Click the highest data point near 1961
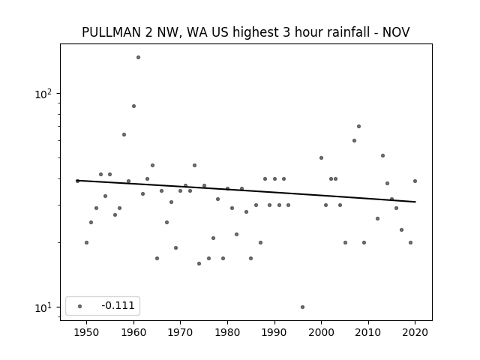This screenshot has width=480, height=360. click(138, 57)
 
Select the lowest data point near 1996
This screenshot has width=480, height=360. click(302, 307)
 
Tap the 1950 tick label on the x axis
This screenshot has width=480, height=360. click(87, 333)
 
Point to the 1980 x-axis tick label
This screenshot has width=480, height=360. click(227, 333)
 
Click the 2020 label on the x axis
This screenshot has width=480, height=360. click(415, 333)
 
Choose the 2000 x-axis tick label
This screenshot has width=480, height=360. click(322, 333)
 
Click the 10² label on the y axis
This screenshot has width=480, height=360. click(43, 94)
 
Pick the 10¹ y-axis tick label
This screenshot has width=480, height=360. click(43, 307)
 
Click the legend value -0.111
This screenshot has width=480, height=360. click(118, 305)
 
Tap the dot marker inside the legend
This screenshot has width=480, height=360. click(80, 306)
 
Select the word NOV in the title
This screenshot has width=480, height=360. click(396, 32)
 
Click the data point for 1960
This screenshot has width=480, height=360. click(133, 106)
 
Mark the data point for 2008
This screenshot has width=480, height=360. click(358, 127)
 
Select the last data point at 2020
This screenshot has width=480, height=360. click(415, 181)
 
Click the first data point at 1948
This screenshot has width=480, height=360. click(77, 181)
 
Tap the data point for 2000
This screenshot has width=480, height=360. click(322, 158)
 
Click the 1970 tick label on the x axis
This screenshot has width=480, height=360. click(180, 333)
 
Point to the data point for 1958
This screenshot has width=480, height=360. click(124, 135)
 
